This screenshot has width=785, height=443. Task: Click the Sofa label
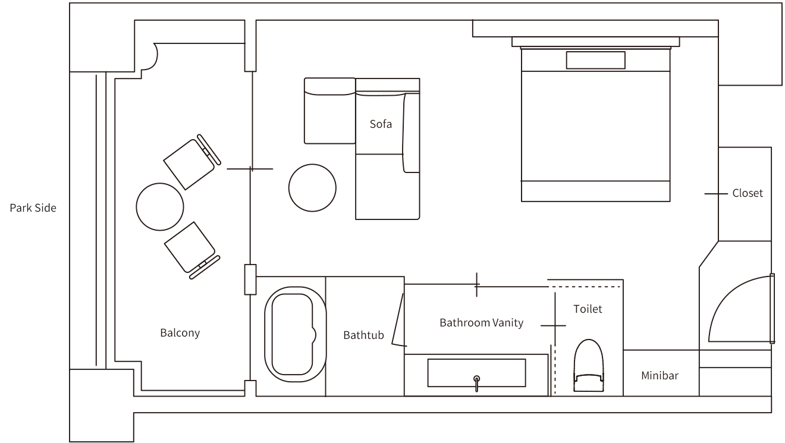(x=381, y=124)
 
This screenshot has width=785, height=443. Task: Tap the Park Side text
(x=33, y=208)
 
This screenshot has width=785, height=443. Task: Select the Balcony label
(x=180, y=332)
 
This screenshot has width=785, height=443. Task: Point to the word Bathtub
(x=363, y=335)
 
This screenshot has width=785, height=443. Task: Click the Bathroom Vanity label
(x=482, y=322)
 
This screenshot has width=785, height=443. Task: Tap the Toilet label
(x=588, y=309)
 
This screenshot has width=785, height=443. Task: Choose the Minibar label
(x=660, y=375)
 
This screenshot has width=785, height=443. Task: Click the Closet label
(x=748, y=193)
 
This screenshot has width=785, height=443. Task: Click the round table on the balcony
(x=160, y=207)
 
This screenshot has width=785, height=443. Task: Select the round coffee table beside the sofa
(x=312, y=188)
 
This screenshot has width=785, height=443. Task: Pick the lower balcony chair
(x=192, y=250)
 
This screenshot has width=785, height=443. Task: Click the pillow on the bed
(x=595, y=60)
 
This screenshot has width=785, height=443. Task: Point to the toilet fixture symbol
(x=589, y=365)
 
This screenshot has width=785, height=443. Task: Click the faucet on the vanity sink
(x=476, y=384)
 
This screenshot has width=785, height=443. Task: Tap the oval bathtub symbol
(x=295, y=334)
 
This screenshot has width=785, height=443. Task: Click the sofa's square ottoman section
(x=330, y=111)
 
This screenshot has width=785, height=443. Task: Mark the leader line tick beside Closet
(x=716, y=193)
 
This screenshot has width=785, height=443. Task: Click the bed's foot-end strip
(x=595, y=191)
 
